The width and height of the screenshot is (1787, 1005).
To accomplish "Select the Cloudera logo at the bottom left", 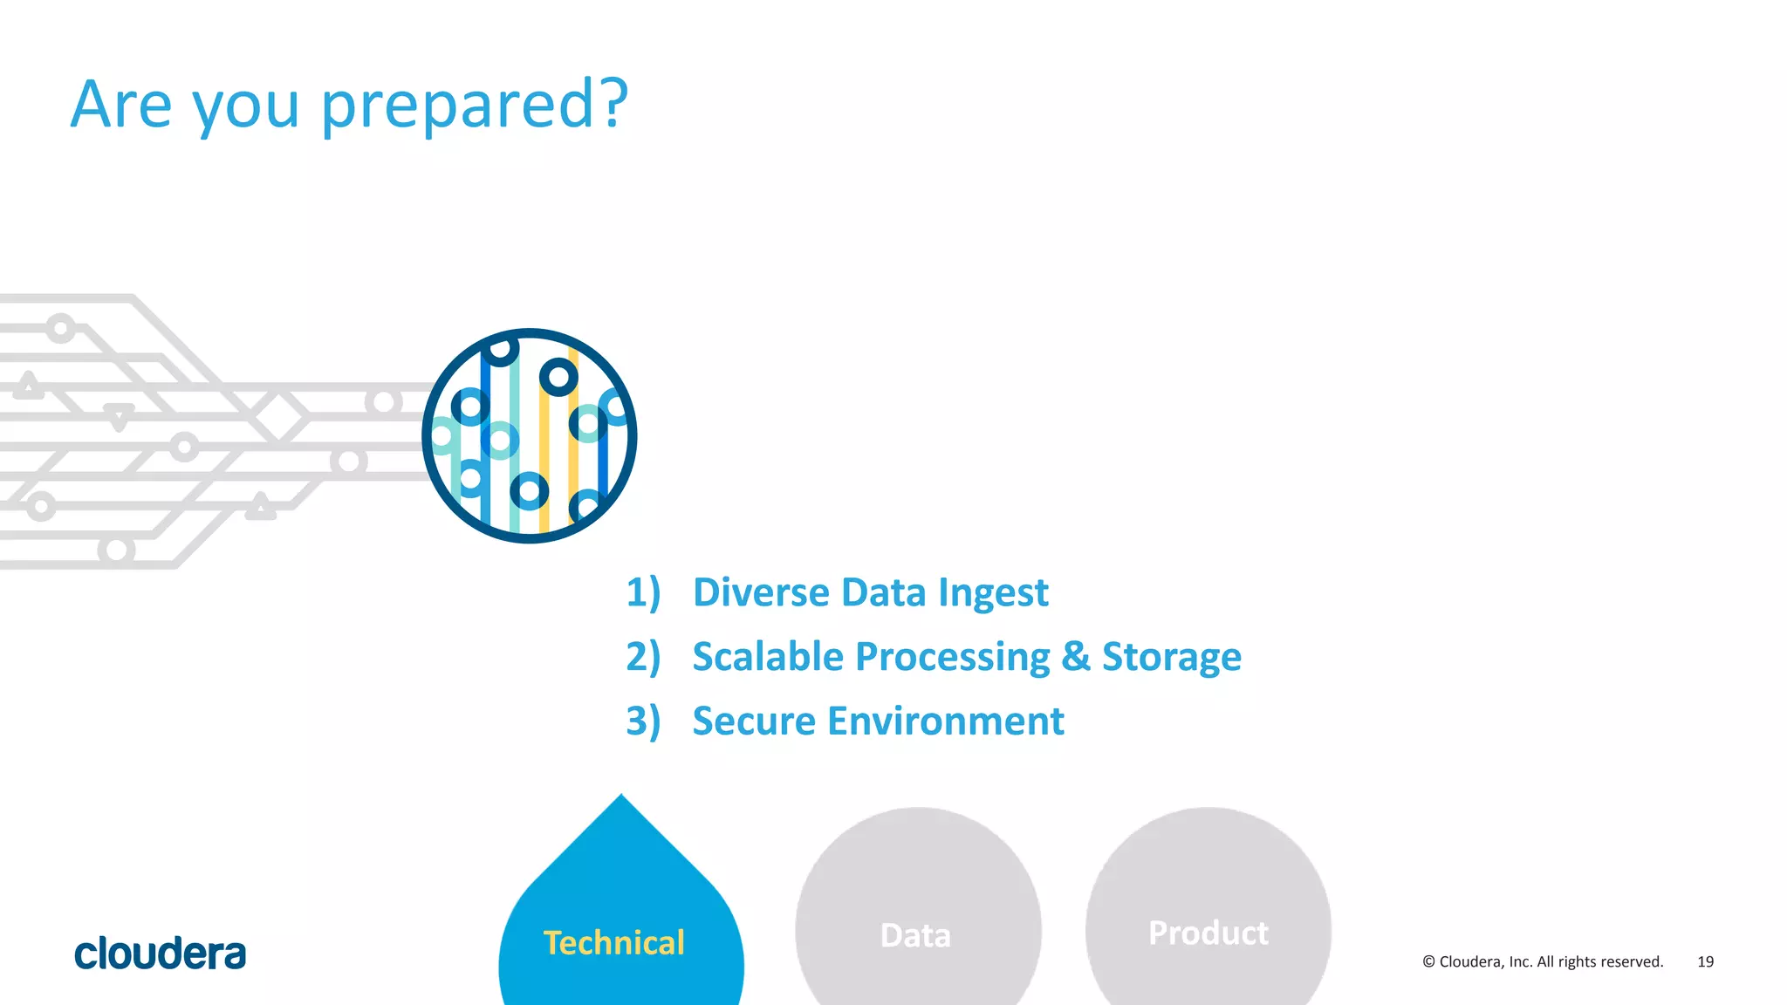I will [x=161, y=954].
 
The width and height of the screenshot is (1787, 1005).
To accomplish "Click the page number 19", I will [x=1705, y=961].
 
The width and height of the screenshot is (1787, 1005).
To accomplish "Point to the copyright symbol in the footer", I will [x=1428, y=961].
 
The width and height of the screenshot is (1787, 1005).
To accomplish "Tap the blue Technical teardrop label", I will [x=614, y=943].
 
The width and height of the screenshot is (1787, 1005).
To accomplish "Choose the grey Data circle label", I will [x=915, y=935].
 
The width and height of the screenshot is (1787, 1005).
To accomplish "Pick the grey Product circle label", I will [x=1208, y=933].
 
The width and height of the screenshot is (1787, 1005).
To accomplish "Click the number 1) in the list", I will [x=643, y=592].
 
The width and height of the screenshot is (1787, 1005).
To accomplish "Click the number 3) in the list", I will [x=643, y=721].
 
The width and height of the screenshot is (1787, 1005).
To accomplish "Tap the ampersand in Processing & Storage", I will [x=1076, y=657].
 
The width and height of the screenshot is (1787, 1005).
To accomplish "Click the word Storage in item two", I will [x=1171, y=657].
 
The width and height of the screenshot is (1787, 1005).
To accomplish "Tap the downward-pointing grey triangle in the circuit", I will [x=119, y=415].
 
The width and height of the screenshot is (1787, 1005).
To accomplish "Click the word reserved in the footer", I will [x=1631, y=961].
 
